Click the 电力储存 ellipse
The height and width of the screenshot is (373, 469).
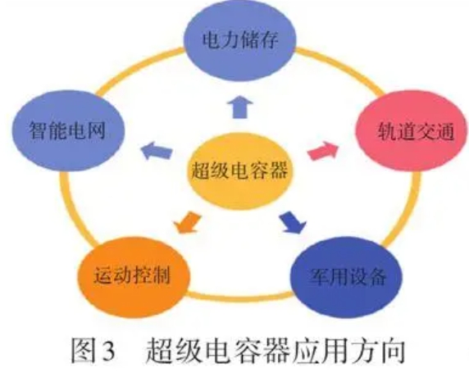239,40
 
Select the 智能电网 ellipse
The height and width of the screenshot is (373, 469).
67,130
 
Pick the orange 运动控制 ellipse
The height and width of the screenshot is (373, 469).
134,277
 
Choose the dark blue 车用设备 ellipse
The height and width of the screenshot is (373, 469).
347,277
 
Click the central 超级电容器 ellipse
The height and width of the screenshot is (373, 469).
239,171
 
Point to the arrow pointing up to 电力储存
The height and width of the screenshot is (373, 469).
239,107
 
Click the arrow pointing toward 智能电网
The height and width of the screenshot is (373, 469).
156,150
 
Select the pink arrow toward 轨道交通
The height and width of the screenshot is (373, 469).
323,151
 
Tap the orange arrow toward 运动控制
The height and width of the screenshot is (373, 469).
187,222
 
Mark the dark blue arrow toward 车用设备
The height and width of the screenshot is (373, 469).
293,222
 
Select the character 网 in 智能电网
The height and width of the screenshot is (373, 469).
96,130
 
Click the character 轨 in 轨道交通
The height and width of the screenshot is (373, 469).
386,131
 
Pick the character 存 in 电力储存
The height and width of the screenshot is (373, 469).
268,40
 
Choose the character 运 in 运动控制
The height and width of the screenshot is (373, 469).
103,275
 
